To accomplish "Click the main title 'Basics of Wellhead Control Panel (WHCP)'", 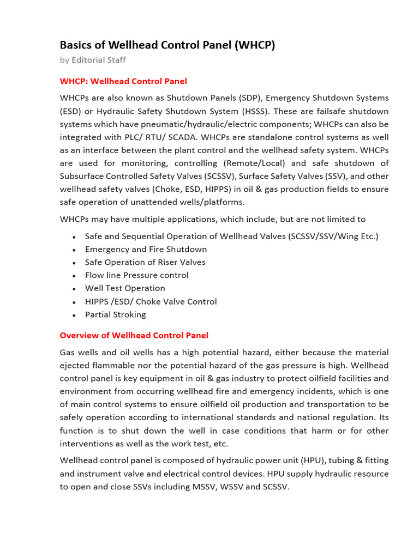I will [x=167, y=45].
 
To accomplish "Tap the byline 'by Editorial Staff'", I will [x=93, y=60].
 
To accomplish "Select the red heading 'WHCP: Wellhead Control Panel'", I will [x=123, y=81].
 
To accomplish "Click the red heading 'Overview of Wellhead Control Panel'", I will [x=134, y=335].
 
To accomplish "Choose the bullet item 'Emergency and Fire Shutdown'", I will [x=146, y=249].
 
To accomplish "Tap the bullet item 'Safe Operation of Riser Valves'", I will [x=145, y=262].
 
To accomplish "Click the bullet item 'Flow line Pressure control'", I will [x=136, y=275].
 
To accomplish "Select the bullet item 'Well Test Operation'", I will [x=125, y=288].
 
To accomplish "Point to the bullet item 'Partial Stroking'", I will [x=115, y=314].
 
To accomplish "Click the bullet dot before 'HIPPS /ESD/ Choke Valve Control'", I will [x=74, y=302].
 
